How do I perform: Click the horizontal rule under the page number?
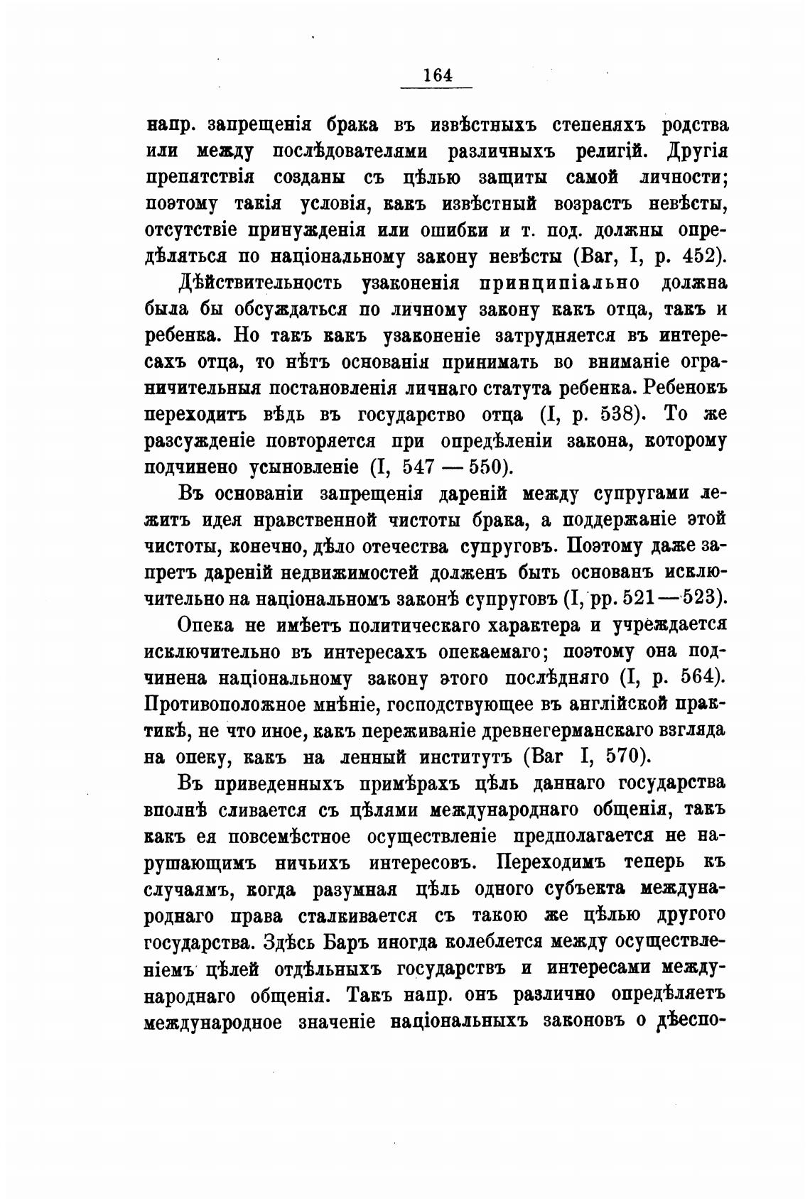436,87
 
